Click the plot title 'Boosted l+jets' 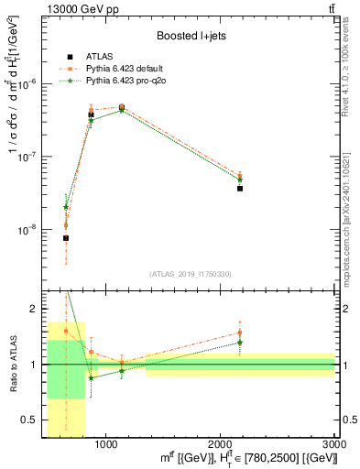click(x=191, y=37)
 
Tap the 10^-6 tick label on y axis click(x=28, y=83)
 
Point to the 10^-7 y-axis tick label click(x=28, y=157)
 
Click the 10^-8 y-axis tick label click(x=28, y=231)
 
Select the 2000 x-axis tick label click(x=220, y=445)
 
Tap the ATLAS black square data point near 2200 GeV click(x=240, y=188)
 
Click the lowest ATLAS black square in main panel click(x=66, y=238)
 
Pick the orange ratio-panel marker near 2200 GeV click(x=240, y=333)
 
